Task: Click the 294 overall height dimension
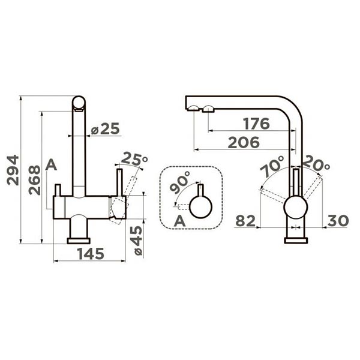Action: click(13, 170)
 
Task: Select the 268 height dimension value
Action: click(34, 180)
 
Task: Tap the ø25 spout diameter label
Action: click(106, 128)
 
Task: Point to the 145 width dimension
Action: click(91, 254)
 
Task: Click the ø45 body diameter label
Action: click(138, 241)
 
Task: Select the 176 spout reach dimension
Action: click(257, 124)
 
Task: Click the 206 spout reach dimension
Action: click(244, 142)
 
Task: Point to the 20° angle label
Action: click(317, 163)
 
